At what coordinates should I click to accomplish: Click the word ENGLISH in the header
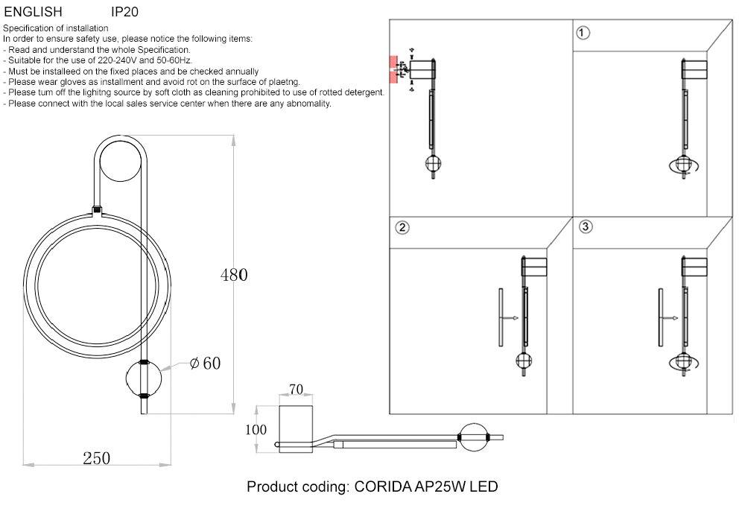tap(33, 12)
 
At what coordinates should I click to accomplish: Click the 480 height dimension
tap(233, 275)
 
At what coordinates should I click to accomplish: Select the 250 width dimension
tap(96, 458)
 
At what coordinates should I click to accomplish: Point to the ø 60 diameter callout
tap(205, 364)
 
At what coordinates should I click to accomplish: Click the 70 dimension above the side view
tap(296, 389)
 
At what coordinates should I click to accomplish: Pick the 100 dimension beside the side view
tap(256, 430)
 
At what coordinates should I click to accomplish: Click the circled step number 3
tap(585, 226)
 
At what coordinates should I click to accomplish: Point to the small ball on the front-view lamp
tap(142, 378)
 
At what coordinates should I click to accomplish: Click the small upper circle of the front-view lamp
tap(120, 162)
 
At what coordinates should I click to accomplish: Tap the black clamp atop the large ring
tap(96, 211)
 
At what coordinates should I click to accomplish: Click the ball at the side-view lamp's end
tap(475, 437)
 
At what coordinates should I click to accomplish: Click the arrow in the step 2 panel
tap(510, 318)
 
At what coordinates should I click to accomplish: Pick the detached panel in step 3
tap(659, 317)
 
